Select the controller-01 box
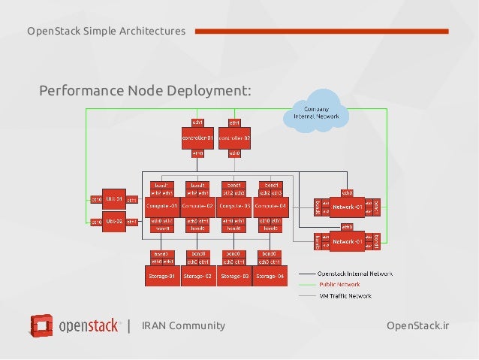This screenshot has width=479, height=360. pos(197,138)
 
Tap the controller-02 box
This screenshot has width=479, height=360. pos(234,138)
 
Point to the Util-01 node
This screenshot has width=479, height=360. pos(113,199)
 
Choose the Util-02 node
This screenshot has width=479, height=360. pos(113,222)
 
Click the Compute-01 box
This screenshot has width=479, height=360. pos(161,205)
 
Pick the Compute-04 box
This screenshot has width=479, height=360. pos(271,205)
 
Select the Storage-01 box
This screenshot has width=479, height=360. pos(161,276)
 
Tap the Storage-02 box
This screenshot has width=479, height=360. pos(198,276)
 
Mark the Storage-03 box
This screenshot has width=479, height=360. pos(235,276)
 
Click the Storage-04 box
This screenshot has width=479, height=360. pos(271,276)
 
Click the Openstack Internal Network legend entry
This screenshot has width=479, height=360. pos(345,273)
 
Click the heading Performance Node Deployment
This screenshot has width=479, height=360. pos(145,91)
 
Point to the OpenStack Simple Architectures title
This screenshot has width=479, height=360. pos(106,31)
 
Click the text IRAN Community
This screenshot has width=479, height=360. pos(183,325)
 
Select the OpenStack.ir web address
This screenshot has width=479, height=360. pos(417,325)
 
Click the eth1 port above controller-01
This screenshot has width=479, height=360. pos(197,122)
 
